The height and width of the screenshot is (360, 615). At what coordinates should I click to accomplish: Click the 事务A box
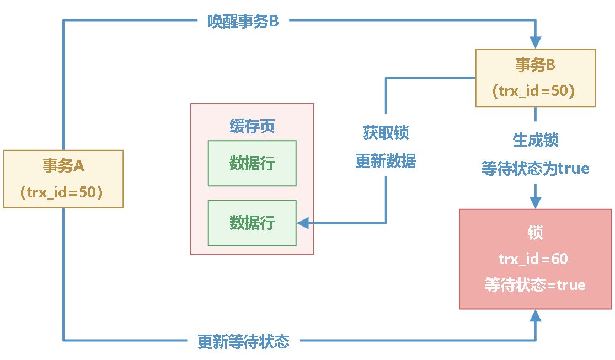click(63, 178)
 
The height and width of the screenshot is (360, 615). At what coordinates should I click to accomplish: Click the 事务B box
click(535, 77)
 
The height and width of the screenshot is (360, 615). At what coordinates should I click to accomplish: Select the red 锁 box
click(535, 259)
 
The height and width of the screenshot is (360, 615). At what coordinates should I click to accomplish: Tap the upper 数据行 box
click(252, 163)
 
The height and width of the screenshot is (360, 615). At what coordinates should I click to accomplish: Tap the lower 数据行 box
click(252, 223)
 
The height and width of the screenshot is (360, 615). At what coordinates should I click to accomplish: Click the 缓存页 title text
click(252, 127)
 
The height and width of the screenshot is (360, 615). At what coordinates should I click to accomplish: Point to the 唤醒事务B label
click(243, 23)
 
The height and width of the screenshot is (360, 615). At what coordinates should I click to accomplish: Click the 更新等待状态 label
click(243, 341)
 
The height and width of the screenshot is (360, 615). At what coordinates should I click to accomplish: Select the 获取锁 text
click(386, 133)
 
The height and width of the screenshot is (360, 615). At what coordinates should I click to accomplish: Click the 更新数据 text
click(386, 162)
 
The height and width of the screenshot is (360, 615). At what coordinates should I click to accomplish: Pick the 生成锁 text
click(535, 140)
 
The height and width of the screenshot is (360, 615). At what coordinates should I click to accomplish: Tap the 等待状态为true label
click(535, 169)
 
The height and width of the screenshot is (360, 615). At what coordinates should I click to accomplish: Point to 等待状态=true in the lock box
click(535, 285)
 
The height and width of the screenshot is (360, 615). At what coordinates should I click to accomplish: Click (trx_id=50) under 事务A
click(63, 192)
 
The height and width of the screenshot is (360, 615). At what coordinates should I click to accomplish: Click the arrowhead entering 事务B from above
click(535, 42)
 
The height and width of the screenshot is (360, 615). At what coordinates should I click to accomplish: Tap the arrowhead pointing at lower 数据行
click(303, 223)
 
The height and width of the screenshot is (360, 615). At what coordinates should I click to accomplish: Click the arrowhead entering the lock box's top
click(535, 202)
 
